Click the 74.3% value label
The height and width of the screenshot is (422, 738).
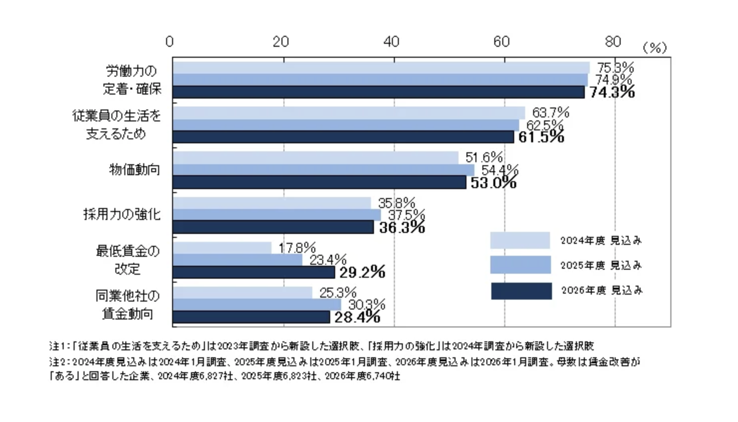pos(612,92)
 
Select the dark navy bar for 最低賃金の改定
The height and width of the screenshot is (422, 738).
pos(254,272)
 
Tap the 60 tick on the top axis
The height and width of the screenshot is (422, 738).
pos(502,41)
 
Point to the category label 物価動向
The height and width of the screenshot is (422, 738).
pos(134,170)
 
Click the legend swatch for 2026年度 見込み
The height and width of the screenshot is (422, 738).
pos(521,291)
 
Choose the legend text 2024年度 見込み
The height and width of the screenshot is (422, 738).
pos(601,240)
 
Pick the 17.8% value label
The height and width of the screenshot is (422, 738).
pos(297,247)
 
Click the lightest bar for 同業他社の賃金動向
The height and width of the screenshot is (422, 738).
pos(242,293)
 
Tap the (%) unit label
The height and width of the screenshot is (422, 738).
pos(654,48)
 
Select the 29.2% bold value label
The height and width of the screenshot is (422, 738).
pos(362,272)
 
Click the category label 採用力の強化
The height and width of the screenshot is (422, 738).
pos(122,214)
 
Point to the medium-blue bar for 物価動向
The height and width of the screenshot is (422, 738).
pos(323,170)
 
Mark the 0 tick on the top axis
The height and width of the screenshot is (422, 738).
pos(170,41)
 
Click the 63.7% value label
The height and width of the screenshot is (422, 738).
pos(550,112)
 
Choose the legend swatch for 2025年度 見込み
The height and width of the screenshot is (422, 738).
pos(520,265)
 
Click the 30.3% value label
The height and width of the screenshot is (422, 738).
pos(367,304)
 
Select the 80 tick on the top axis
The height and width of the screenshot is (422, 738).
pos(613,41)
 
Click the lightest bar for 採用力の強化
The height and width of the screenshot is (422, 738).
pos(272,203)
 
